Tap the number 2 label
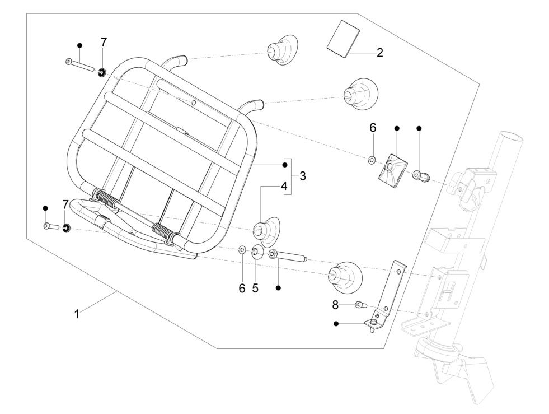379,53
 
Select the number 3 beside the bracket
302,176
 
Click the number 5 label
255,288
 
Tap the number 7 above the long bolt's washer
104,43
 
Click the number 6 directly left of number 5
242,288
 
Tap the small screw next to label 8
359,305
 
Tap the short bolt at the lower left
50,226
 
